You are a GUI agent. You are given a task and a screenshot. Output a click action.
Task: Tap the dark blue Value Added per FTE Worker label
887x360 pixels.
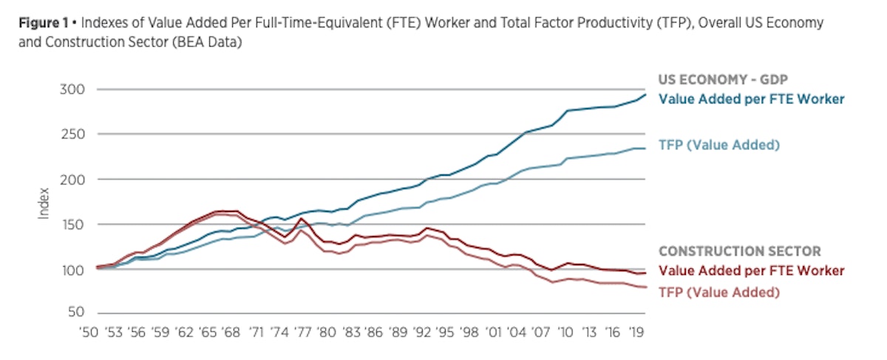[x=750, y=98]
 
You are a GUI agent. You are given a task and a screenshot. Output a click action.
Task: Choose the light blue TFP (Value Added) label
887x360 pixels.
[x=718, y=145]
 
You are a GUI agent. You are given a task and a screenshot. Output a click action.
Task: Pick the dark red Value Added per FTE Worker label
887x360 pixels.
[x=750, y=271]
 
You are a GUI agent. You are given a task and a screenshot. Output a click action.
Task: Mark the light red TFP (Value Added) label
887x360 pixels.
[x=718, y=292]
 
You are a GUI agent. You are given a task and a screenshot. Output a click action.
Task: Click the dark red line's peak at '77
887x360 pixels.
[x=301, y=219]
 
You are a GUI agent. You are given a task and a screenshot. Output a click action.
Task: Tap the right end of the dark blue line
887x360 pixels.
[x=645, y=94]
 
